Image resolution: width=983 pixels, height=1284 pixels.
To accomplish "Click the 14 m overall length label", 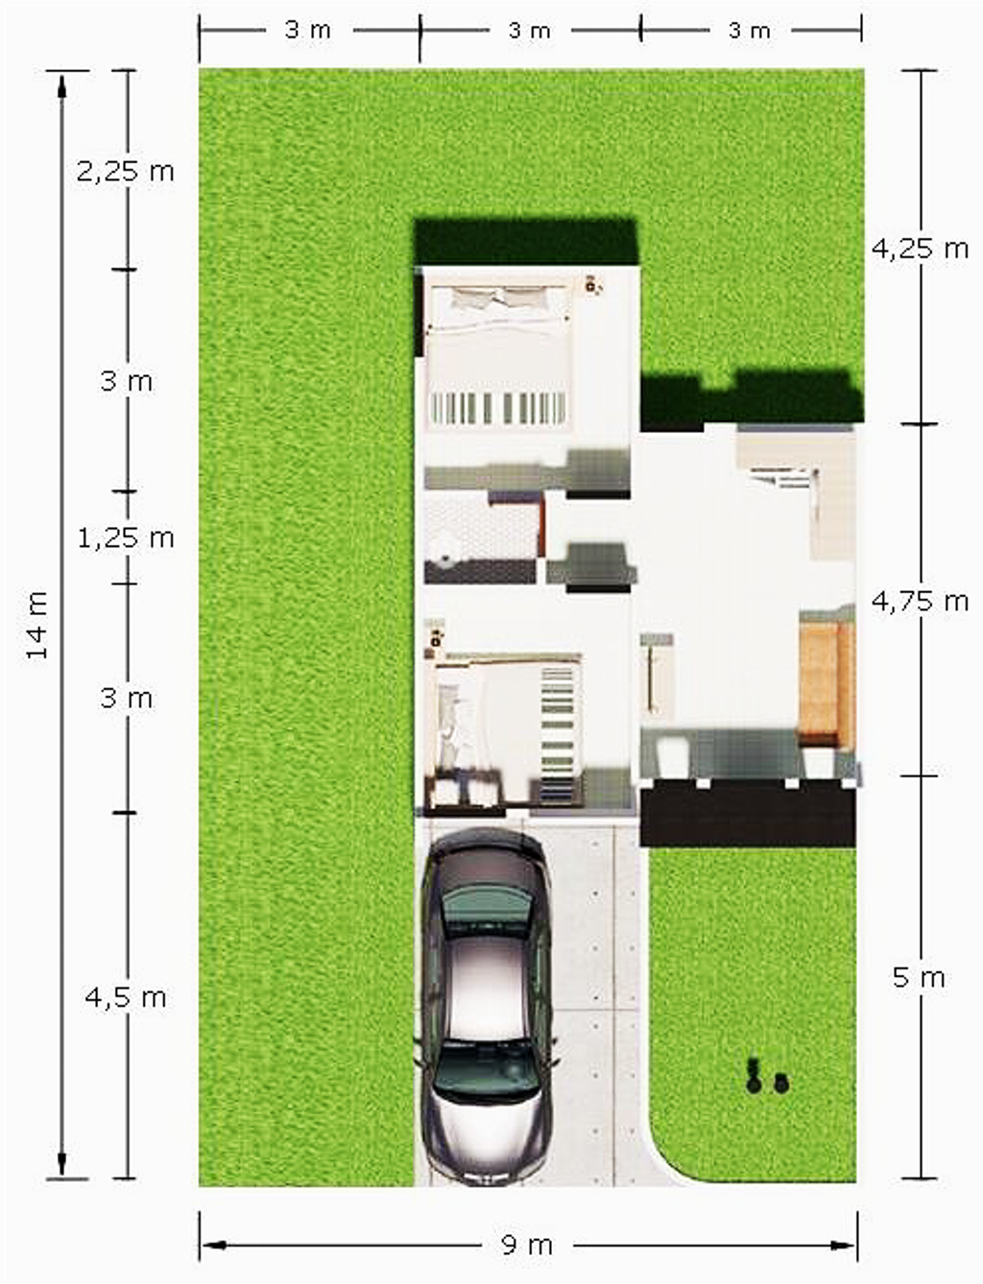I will [36, 624].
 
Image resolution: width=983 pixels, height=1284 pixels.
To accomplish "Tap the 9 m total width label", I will [527, 1246].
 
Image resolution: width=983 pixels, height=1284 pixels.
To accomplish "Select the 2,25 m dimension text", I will [126, 172].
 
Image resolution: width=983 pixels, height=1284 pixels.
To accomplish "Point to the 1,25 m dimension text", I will [126, 538].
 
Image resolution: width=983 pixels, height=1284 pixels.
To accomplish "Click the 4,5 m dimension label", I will [126, 998].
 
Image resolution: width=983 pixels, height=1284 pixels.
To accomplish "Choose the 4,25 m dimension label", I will [920, 250].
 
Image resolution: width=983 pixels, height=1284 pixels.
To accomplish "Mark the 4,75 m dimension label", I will [920, 602].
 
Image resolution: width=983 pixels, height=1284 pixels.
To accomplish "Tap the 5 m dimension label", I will [919, 978].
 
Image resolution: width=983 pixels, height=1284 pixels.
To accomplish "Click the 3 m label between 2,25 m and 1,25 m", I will [126, 382].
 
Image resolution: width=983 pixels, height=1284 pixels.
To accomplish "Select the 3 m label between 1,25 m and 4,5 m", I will [126, 699].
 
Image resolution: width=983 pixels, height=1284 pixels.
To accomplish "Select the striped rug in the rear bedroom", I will [497, 410].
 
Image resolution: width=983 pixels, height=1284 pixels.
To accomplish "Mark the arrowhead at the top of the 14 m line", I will [61, 85].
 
